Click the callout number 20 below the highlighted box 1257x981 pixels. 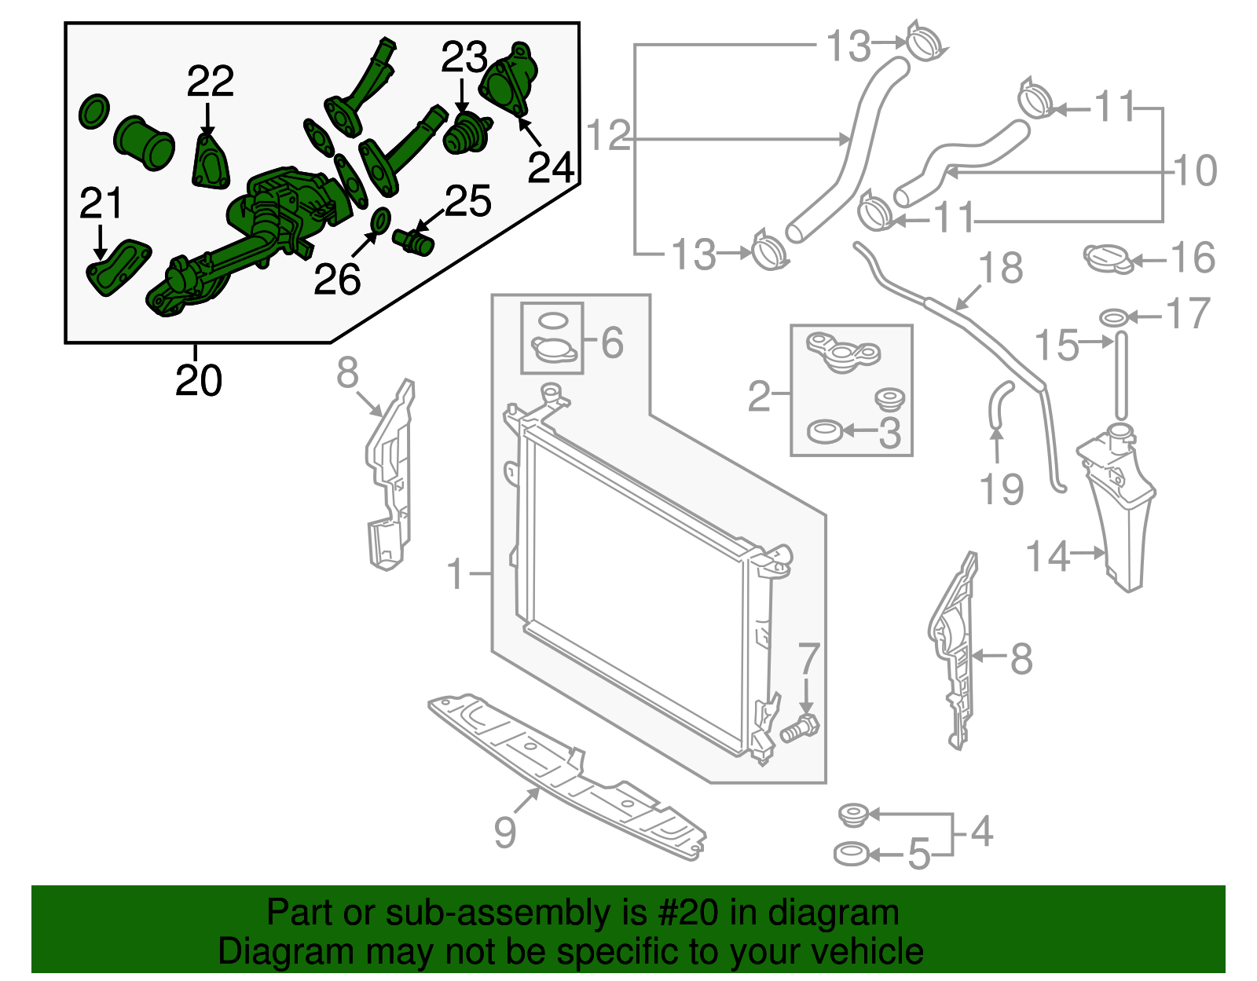point(199,381)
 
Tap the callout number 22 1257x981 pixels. point(211,82)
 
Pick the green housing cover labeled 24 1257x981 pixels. point(509,81)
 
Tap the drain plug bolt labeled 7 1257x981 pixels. point(800,729)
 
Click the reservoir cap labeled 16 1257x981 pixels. point(1109,258)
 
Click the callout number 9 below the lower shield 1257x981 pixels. point(505,832)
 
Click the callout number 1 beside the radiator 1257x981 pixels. point(456,574)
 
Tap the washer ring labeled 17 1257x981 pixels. point(1115,317)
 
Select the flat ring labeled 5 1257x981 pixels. point(851,854)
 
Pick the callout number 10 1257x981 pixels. point(1195,170)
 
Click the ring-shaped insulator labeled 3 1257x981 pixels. point(825,431)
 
